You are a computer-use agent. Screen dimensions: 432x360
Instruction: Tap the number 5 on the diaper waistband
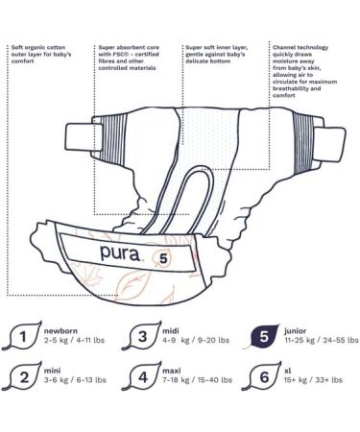click(164, 257)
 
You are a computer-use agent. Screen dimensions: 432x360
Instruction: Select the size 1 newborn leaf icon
click(23, 337)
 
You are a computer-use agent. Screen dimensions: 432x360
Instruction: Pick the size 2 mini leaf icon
click(23, 377)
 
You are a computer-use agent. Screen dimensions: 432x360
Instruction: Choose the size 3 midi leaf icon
click(142, 337)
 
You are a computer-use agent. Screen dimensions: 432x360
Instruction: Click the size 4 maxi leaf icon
click(142, 377)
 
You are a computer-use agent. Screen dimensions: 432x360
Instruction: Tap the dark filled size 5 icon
click(259, 337)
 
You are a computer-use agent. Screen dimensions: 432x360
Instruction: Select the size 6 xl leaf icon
click(259, 377)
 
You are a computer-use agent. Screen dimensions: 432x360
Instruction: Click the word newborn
click(62, 331)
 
